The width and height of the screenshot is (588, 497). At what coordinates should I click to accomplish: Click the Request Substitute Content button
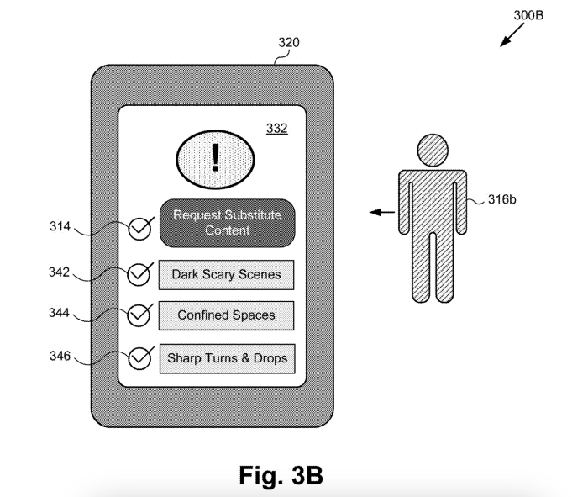[228, 223]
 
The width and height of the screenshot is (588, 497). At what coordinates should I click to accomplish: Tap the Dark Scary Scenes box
[226, 275]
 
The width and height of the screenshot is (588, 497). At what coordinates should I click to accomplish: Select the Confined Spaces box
[226, 315]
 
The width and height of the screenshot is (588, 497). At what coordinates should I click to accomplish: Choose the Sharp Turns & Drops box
[228, 358]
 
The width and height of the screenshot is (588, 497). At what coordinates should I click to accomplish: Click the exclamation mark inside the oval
[215, 157]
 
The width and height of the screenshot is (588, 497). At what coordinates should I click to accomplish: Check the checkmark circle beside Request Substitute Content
[140, 229]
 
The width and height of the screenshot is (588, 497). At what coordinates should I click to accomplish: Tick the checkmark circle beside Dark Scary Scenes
[139, 274]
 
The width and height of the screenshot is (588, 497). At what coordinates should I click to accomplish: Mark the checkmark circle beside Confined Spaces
[139, 315]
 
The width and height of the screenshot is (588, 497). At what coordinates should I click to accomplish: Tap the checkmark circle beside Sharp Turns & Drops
[140, 358]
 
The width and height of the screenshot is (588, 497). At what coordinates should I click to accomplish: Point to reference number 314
[60, 226]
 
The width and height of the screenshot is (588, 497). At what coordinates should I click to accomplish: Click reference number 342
[60, 272]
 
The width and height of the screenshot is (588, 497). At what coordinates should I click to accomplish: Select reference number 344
[60, 312]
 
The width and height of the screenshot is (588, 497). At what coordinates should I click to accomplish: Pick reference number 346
[60, 356]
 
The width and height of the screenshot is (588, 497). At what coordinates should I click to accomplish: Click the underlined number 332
[277, 129]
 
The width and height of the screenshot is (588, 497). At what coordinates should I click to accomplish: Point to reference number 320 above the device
[289, 42]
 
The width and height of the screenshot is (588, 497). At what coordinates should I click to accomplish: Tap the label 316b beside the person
[501, 199]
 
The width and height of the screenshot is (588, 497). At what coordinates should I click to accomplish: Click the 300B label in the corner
[528, 15]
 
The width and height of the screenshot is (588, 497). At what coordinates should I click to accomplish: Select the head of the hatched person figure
[433, 151]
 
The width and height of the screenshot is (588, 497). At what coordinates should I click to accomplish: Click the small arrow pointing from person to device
[382, 213]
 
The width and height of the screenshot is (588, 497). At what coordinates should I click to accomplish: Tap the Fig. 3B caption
[281, 475]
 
